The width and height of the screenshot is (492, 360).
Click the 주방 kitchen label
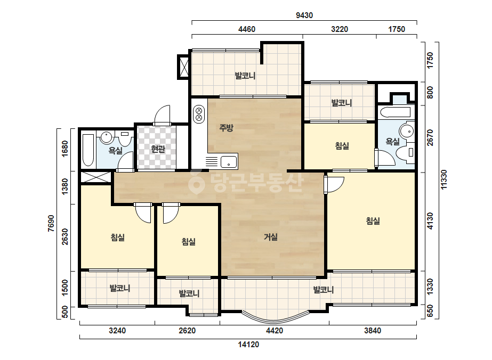click(226, 128)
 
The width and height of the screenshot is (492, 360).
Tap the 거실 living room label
click(270, 237)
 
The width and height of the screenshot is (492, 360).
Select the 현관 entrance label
click(158, 149)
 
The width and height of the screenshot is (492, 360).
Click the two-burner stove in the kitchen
click(199, 114)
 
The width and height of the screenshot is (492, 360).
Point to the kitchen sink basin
click(229, 162)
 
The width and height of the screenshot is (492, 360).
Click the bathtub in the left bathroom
click(88, 150)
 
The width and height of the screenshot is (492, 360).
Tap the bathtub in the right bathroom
click(395, 112)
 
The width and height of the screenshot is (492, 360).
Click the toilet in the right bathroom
click(406, 153)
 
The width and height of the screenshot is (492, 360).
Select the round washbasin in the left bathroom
click(107, 137)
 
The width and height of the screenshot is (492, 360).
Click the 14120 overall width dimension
click(248, 345)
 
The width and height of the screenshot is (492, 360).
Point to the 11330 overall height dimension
click(443, 179)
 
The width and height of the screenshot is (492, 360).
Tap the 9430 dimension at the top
click(304, 15)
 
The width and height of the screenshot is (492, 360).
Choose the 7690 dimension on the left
click(51, 223)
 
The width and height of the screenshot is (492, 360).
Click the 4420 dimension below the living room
click(274, 331)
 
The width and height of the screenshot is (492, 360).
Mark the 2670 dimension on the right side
click(430, 138)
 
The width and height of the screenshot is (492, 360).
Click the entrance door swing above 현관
click(162, 115)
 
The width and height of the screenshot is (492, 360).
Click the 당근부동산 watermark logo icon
click(196, 182)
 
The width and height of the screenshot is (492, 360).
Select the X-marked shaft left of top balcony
click(184, 67)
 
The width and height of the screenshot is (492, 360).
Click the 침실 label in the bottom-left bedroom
click(118, 238)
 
